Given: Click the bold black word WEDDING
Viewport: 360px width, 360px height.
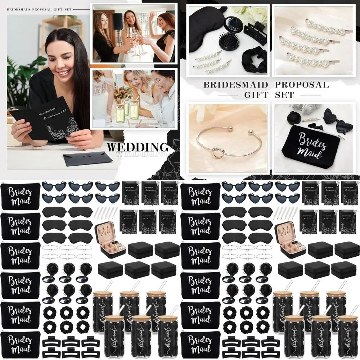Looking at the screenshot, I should [x=138, y=147].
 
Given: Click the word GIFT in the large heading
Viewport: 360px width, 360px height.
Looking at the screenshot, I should [x=256, y=95].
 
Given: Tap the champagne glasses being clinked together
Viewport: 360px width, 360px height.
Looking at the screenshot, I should [x=135, y=40].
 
